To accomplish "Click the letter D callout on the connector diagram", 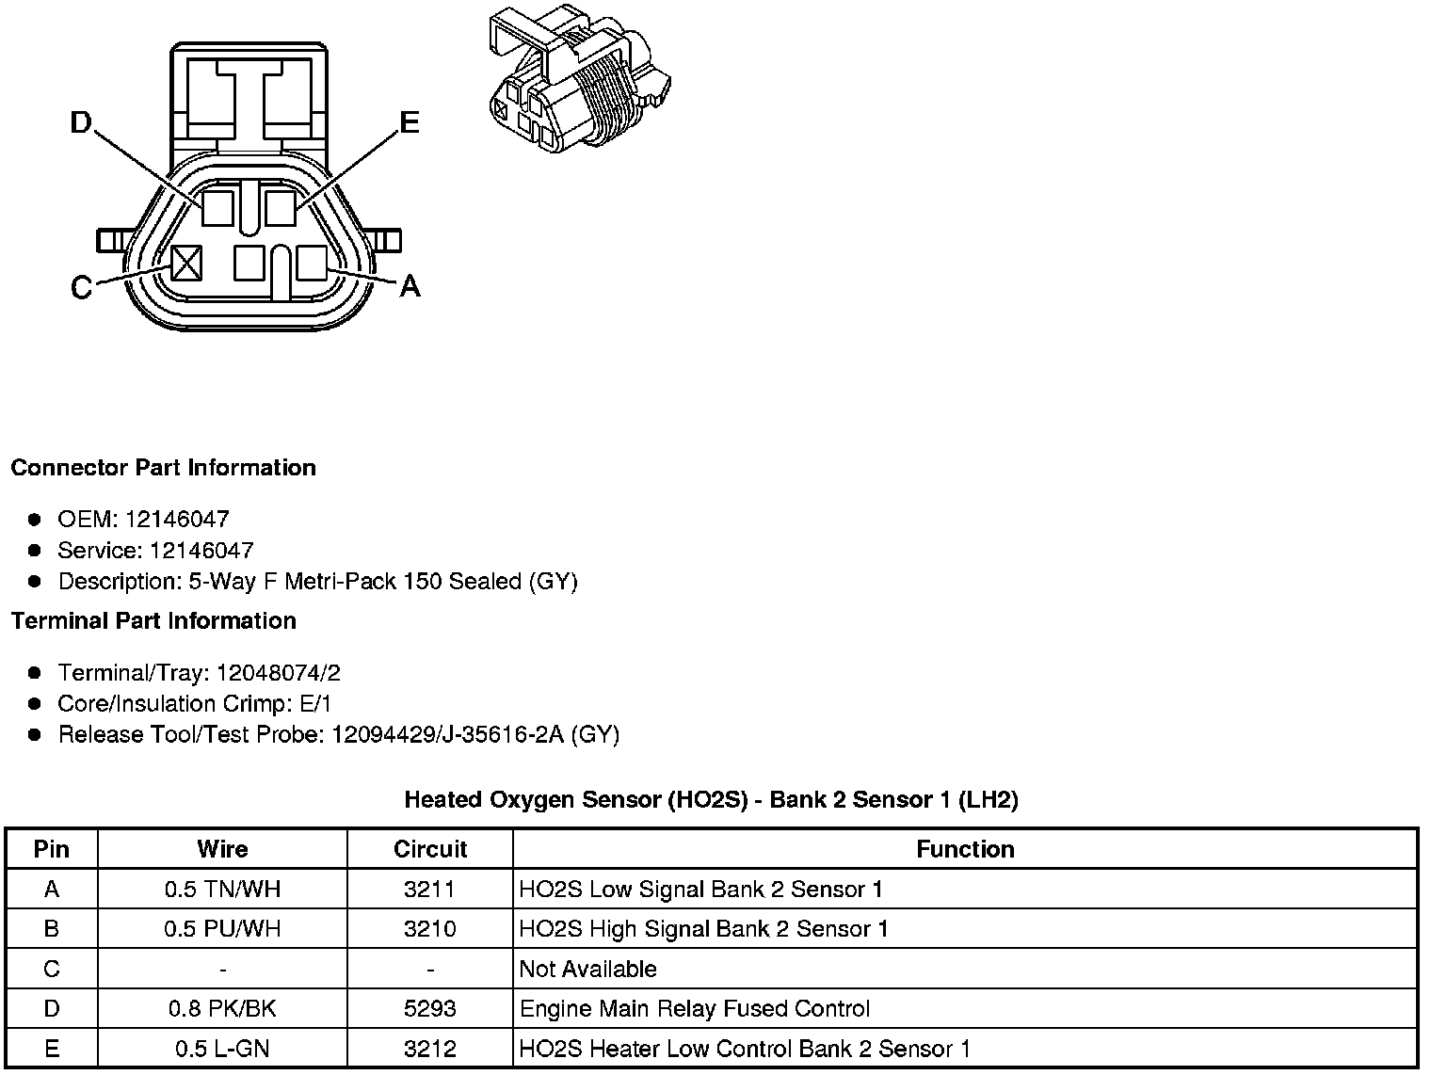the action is [82, 122].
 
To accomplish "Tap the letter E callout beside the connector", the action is [409, 122].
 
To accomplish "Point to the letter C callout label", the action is [82, 287].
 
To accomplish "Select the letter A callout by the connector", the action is [410, 285].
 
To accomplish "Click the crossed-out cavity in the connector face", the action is [186, 263].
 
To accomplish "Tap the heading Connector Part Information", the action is [163, 468].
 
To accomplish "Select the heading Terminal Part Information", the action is [153, 621].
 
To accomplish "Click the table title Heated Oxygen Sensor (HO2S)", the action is [711, 800].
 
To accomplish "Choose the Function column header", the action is [965, 849].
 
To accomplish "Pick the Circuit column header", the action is [430, 849].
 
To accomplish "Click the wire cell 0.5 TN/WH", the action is [222, 890].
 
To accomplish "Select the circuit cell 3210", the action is [430, 929].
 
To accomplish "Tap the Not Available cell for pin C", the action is [588, 970].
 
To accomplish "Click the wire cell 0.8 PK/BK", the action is [222, 1009].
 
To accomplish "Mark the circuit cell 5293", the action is [430, 1009].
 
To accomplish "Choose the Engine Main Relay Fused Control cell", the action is [695, 1009].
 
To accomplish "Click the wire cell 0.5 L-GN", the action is [222, 1049].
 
